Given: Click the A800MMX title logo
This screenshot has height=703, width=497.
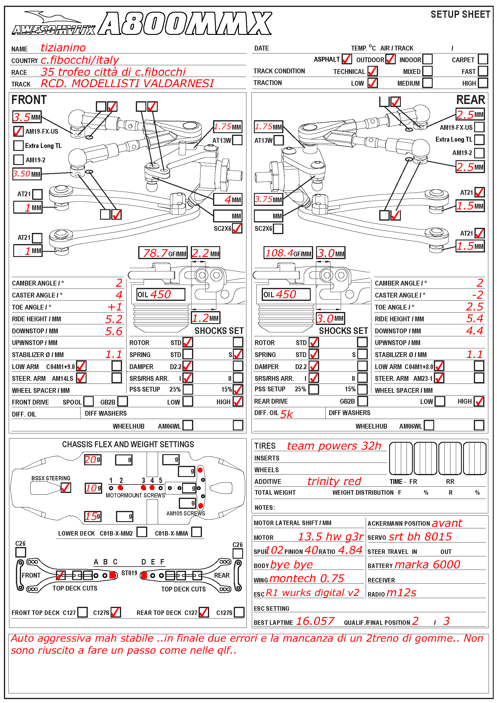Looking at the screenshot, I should tap(185, 24).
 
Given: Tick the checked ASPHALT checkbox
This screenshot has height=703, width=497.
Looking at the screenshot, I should tap(346, 59).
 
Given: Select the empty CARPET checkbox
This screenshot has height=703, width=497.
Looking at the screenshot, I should tap(483, 59).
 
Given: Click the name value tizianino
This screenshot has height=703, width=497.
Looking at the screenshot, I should tap(63, 48).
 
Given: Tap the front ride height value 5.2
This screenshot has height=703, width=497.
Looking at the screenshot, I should tap(114, 319).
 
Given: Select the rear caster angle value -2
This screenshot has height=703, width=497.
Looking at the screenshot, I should tap(477, 295).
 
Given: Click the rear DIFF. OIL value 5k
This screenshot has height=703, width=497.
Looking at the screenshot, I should tap(286, 414).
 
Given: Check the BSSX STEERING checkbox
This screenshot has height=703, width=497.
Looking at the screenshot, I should tap(66, 488).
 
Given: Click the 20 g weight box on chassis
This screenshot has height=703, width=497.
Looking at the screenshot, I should tap(93, 460).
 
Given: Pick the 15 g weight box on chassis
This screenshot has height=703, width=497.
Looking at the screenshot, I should tap(93, 517).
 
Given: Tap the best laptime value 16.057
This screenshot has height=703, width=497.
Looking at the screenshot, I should tap(315, 621).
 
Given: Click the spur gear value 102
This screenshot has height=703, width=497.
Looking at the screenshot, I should tap(275, 550).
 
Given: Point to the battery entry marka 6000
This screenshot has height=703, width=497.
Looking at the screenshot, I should tap(427, 565).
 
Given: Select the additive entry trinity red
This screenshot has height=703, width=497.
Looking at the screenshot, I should tap(334, 481).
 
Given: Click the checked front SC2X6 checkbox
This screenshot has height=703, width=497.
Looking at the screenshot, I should tap(237, 228).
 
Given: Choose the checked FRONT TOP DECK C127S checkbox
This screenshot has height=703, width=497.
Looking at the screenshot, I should tap(116, 612).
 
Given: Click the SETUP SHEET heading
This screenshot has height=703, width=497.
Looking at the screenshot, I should tap(460, 14).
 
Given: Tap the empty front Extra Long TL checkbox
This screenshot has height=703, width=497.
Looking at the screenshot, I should tap(18, 145).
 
